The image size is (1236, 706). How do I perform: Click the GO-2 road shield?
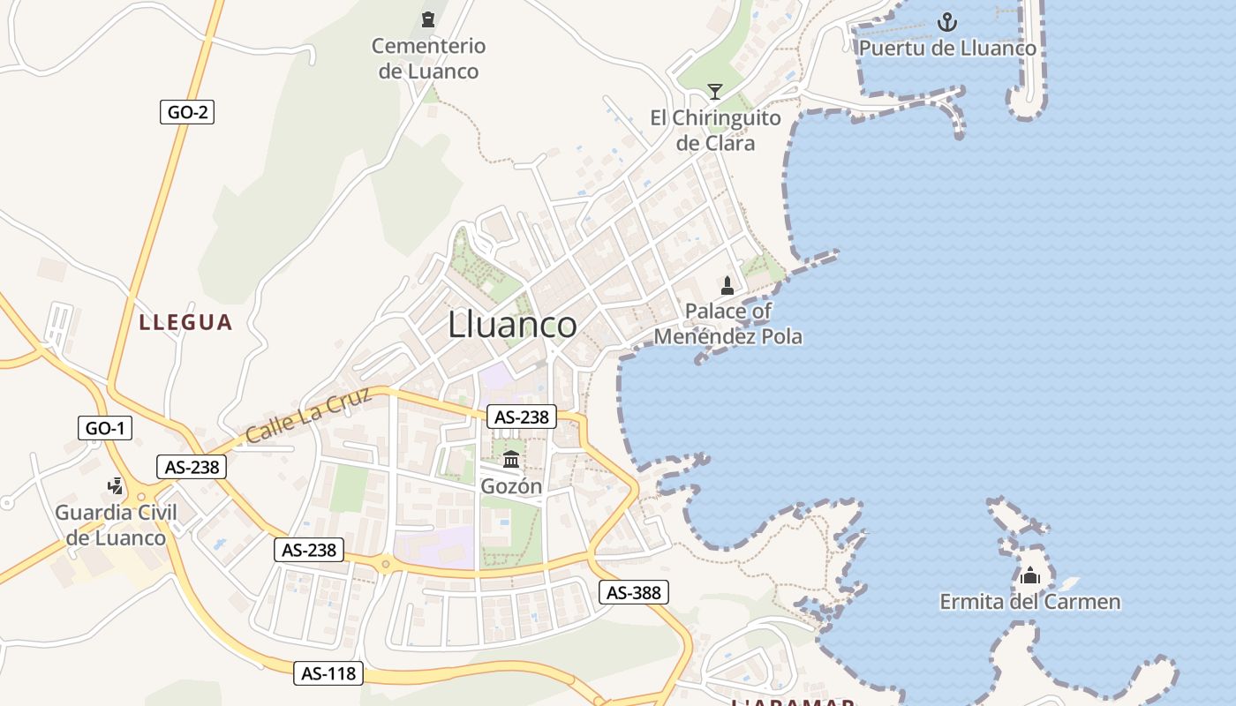(x=187, y=112)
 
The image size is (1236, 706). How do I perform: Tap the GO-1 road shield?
(x=105, y=429)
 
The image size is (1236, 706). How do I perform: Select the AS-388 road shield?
(x=633, y=592)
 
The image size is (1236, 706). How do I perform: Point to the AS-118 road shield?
(x=328, y=673)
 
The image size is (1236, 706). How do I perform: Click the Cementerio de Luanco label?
(x=428, y=58)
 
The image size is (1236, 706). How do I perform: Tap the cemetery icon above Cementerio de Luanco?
(x=428, y=19)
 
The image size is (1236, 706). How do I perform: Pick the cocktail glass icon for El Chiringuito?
(x=715, y=91)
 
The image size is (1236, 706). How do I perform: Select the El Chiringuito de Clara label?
(x=715, y=130)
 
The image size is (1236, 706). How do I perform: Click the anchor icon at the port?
(x=947, y=21)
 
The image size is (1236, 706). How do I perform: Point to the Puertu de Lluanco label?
(x=947, y=48)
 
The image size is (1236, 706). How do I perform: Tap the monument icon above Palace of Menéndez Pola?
(x=727, y=285)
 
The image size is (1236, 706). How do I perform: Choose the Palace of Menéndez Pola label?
(x=728, y=323)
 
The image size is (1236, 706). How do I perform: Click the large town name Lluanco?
(x=512, y=325)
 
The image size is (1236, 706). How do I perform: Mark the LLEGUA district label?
(x=185, y=322)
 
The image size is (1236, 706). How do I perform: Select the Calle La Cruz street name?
(x=309, y=417)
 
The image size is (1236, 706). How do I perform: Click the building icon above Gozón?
(x=511, y=459)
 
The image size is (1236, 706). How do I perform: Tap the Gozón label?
(x=511, y=486)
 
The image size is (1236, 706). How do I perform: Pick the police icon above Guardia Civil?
(x=116, y=485)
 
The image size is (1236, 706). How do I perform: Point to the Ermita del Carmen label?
(x=1029, y=603)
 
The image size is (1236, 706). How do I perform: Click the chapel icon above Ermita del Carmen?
(x=1029, y=576)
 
